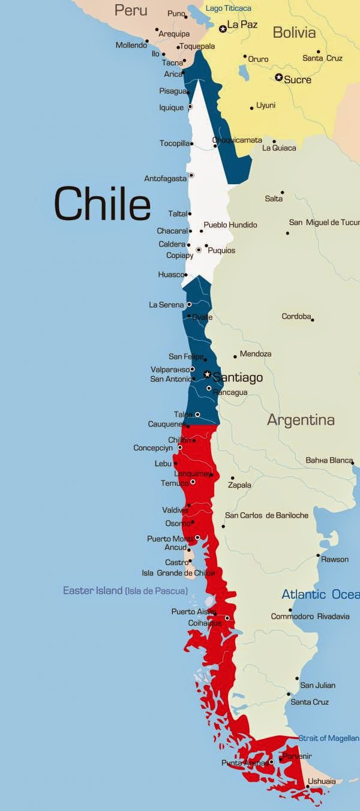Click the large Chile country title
click(102, 204)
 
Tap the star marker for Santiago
click(207, 374)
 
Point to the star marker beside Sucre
click(278, 77)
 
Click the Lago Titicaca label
click(229, 8)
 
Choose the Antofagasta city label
click(165, 179)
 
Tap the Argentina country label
click(301, 420)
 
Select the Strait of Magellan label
click(330, 738)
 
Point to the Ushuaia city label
click(322, 782)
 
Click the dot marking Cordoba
click(313, 320)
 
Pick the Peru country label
click(131, 10)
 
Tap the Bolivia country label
click(294, 32)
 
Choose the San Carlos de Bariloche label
click(266, 515)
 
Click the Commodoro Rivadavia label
click(310, 617)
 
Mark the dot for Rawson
click(318, 555)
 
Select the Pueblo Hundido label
click(230, 225)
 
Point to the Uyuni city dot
click(251, 109)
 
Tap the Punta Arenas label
click(244, 763)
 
